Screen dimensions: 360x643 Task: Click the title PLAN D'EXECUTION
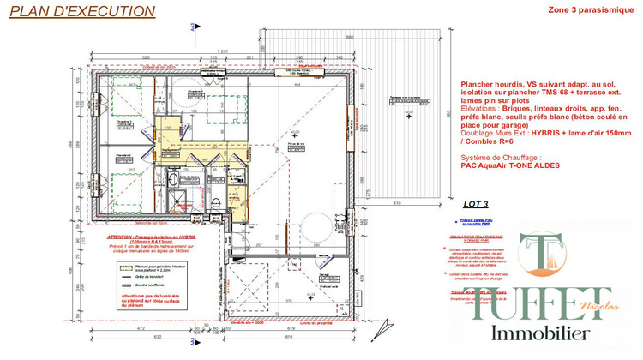point(82,12)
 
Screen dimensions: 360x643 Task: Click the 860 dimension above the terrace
point(349,39)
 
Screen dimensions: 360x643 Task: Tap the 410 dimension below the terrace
point(397,202)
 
